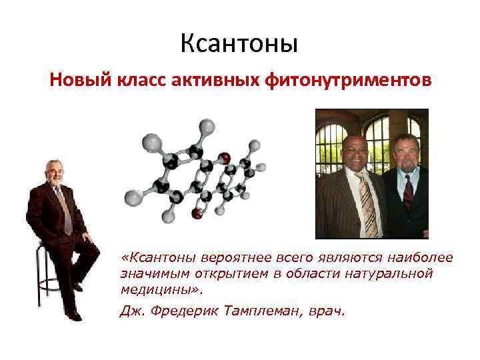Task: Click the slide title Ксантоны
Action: [x=239, y=45]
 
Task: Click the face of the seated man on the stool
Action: [x=54, y=172]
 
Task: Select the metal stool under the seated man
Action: [x=47, y=273]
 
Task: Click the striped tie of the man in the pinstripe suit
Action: [x=367, y=203]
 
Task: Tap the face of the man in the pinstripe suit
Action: [x=355, y=154]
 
